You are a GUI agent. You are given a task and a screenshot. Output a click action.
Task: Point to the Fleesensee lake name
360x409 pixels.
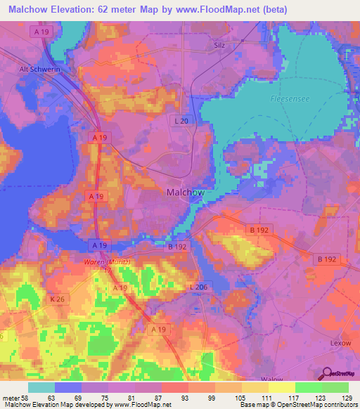point(285,100)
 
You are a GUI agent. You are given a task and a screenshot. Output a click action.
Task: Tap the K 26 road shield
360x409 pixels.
point(59,299)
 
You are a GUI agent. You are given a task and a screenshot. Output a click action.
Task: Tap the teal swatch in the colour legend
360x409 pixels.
point(41,387)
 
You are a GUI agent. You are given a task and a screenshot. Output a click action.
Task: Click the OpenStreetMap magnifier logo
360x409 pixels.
point(326,373)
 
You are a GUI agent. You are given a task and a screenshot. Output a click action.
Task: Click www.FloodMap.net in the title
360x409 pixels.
point(240,9)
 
